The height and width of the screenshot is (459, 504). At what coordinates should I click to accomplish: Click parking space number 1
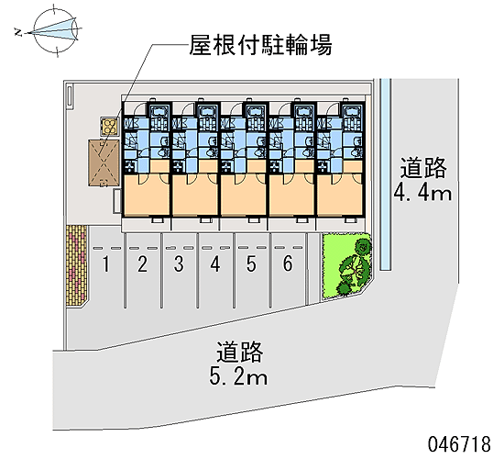coord(106,264)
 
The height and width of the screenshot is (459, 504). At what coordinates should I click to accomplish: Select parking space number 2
coord(142,264)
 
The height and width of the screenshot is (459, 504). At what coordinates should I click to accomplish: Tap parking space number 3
coord(179,264)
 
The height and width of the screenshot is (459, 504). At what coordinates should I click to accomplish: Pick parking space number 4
coord(215,264)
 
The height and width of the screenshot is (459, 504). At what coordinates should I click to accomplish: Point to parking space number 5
coord(251,264)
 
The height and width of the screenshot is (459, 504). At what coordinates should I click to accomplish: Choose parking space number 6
coord(288,263)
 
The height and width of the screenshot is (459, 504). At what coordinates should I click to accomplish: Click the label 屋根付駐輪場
coord(260,45)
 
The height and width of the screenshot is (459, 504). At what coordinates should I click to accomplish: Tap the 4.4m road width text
coord(422,194)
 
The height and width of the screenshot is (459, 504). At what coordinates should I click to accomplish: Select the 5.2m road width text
coord(238,376)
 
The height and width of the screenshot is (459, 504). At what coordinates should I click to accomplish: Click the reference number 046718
coord(459,444)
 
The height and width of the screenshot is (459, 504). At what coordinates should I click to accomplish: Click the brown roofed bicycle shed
coord(104,163)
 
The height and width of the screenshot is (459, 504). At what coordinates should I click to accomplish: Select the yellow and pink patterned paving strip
coord(76,265)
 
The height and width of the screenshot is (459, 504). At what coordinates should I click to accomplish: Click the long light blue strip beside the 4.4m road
coord(386,174)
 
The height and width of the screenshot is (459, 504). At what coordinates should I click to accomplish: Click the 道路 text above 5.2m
coord(240,353)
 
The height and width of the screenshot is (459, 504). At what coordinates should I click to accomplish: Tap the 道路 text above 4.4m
coord(423,168)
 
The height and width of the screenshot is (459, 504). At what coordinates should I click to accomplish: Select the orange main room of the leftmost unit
coord(147,195)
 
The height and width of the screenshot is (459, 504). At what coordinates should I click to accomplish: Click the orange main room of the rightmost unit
coord(339,195)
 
